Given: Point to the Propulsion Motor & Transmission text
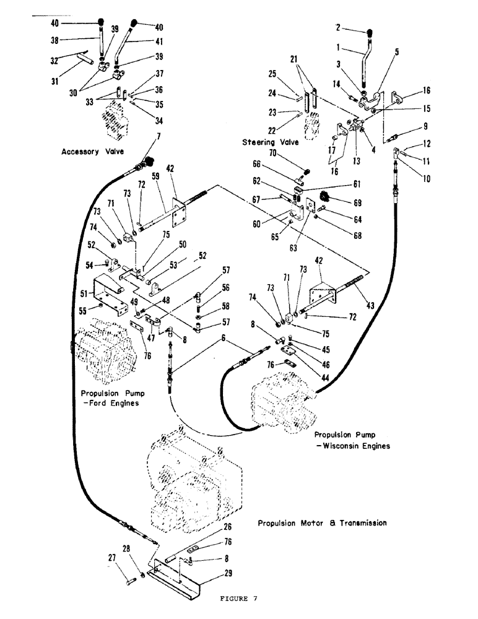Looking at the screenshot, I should [x=322, y=523].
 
